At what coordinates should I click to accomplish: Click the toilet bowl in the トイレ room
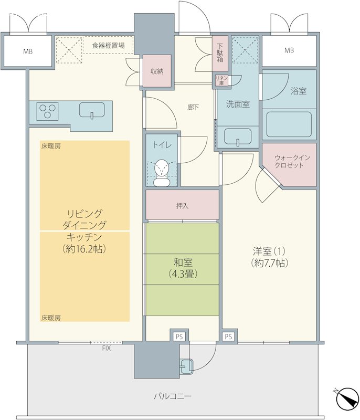click(x=162, y=173)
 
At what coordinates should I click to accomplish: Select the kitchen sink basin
click(x=92, y=110)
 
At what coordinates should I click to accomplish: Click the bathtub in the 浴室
click(x=289, y=124)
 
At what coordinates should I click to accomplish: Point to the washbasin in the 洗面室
click(x=238, y=136)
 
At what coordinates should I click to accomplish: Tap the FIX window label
click(x=106, y=349)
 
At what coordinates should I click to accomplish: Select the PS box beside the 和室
click(x=179, y=337)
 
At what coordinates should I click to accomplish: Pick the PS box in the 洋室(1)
click(x=228, y=337)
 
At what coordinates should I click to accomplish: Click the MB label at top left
click(x=28, y=51)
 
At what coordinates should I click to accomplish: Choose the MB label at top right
click(x=289, y=50)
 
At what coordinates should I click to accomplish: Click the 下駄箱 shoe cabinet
click(x=220, y=54)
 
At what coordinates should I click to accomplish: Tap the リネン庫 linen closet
click(x=221, y=80)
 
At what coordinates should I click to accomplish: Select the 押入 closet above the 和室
click(x=182, y=205)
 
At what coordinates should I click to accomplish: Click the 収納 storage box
click(x=157, y=71)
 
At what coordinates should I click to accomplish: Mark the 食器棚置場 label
click(x=109, y=45)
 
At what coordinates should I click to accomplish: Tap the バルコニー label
click(x=173, y=396)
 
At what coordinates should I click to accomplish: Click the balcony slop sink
click(x=186, y=366)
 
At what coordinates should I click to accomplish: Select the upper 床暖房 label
click(x=51, y=146)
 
